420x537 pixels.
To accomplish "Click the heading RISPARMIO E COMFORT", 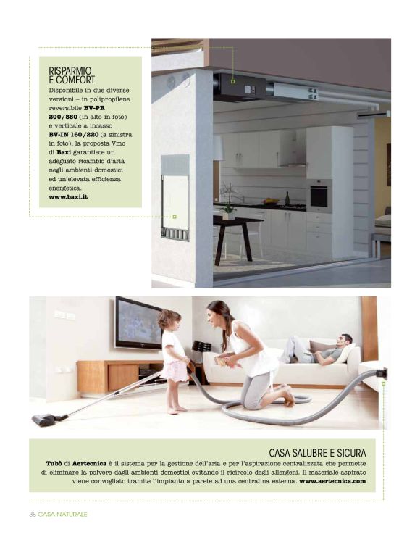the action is click(72, 75).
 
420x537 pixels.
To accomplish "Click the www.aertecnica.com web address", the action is click(332, 480).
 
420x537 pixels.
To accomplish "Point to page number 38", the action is click(33, 514).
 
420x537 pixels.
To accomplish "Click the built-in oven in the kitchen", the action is click(319, 195).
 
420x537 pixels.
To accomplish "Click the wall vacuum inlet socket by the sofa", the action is click(382, 374).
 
